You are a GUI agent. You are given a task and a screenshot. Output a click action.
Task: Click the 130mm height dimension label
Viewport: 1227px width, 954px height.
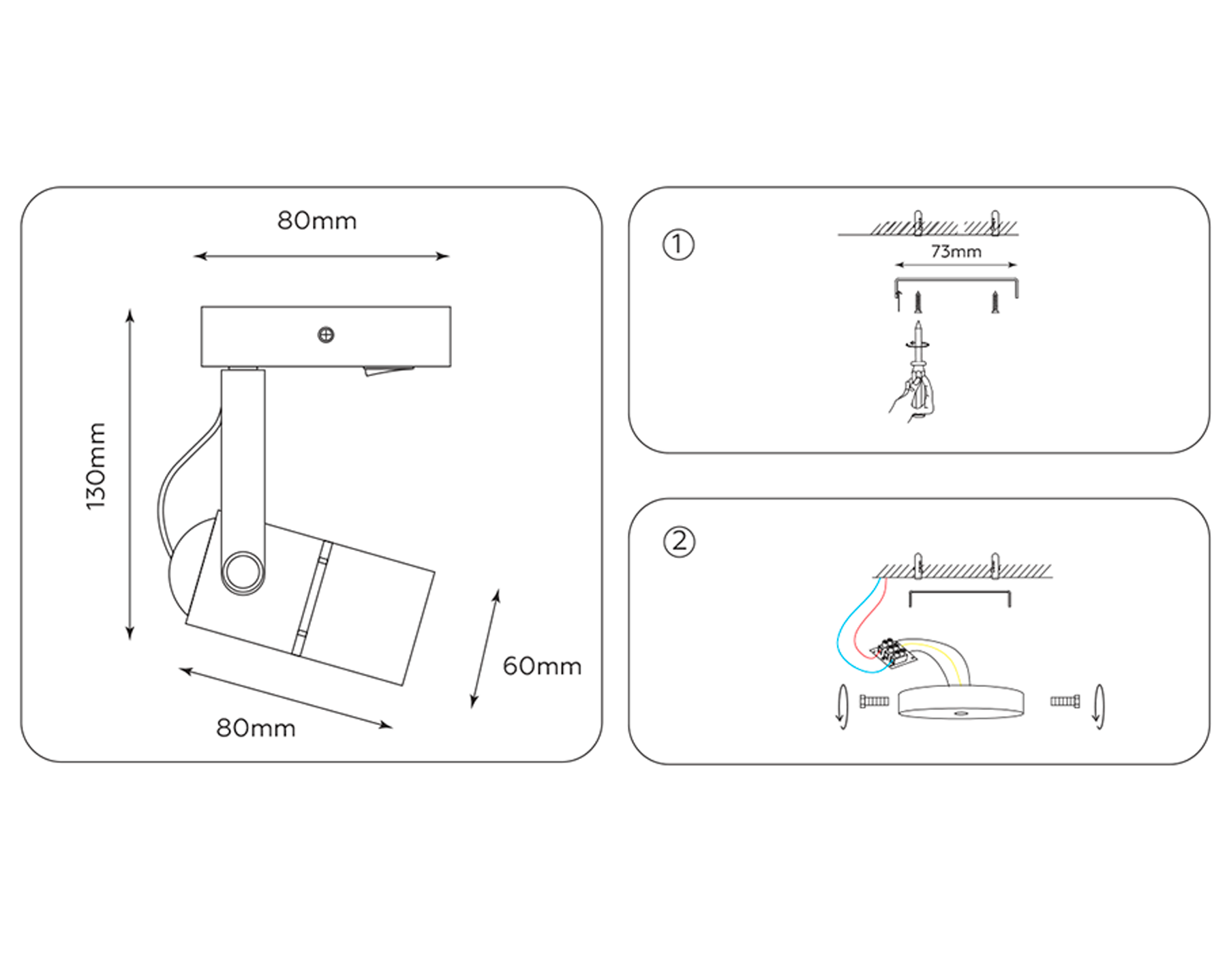(96, 466)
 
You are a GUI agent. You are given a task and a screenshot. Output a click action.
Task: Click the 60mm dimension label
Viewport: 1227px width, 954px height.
(542, 666)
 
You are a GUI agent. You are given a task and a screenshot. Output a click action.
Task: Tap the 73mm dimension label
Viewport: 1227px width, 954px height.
(956, 251)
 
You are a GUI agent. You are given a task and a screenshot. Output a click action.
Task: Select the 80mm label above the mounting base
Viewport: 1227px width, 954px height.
(317, 221)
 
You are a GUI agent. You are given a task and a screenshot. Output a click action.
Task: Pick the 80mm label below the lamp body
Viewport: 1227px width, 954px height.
(256, 728)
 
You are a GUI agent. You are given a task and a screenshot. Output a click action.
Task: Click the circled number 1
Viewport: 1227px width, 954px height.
(678, 245)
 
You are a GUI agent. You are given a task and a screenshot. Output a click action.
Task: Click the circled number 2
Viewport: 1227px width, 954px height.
(679, 542)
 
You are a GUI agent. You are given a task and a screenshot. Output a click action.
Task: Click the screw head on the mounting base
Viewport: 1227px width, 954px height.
(326, 335)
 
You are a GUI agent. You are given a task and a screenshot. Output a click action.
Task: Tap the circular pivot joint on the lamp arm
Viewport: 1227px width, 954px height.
(243, 571)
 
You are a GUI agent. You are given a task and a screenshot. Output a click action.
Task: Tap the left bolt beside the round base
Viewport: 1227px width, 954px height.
(874, 701)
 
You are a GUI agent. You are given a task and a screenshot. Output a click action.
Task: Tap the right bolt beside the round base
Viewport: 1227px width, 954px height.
(1065, 701)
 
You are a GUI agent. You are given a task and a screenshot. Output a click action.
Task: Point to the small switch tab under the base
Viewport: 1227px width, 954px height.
(389, 371)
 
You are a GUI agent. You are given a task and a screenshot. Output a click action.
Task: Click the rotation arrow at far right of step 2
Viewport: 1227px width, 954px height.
(1098, 707)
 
